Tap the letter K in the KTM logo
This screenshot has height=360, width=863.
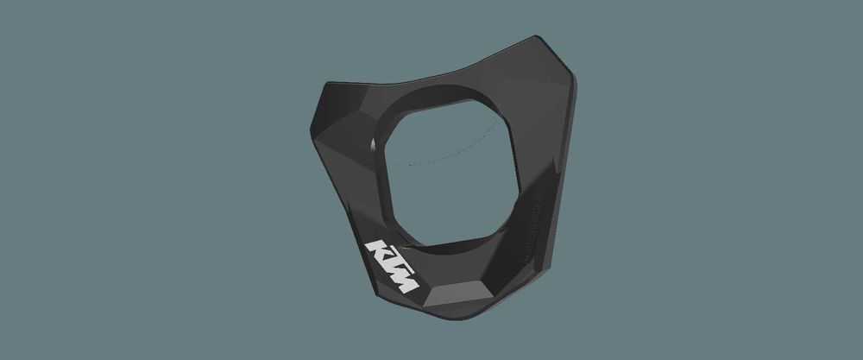click(x=376, y=251)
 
